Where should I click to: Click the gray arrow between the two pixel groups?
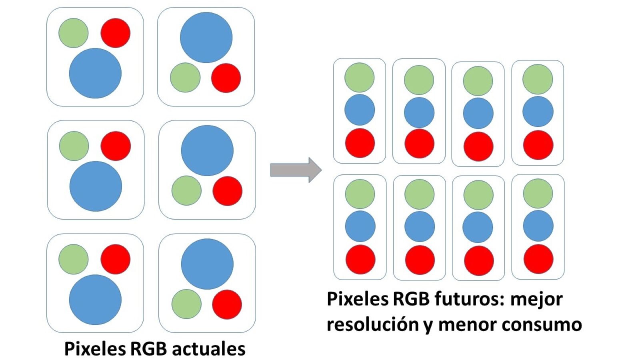click(296, 170)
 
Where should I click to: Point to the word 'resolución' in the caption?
click(373, 324)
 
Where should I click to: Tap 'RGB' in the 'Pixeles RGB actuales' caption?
click(148, 349)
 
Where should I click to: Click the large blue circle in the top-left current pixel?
click(95, 73)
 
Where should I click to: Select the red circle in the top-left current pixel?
click(115, 33)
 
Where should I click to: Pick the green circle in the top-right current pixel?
click(185, 78)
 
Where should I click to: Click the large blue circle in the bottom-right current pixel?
click(207, 264)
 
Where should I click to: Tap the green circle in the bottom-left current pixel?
click(74, 260)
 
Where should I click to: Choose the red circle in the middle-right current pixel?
click(227, 191)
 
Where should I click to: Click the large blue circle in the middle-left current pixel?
click(96, 186)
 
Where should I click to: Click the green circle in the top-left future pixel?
click(359, 78)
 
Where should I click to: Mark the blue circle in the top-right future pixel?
click(538, 111)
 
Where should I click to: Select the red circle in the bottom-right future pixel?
click(538, 259)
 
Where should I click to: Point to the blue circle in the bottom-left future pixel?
click(360, 226)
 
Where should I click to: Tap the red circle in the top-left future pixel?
click(360, 143)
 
